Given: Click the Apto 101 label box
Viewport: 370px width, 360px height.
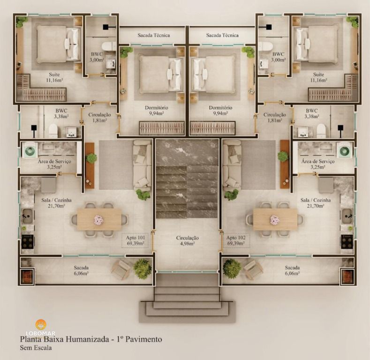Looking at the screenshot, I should pos(135,240).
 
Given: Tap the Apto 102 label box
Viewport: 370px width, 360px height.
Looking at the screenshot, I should pos(238,240).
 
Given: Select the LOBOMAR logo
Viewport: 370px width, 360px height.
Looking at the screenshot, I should pos(41,326).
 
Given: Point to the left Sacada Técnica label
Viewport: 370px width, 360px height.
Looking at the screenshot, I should pos(154,35).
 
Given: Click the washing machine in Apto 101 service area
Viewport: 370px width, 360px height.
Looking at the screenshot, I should pos(30,151).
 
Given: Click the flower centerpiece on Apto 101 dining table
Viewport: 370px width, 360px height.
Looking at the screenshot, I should pos(99,219).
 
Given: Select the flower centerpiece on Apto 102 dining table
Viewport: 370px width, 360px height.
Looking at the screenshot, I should pos(275,219).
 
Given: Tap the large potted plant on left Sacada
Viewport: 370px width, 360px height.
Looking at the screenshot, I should pos(142,269).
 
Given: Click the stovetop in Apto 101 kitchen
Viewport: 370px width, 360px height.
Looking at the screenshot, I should pos(28,241).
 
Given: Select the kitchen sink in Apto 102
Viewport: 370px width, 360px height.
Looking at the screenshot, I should pos(347,216).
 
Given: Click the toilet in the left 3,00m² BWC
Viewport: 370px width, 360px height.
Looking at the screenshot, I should pos(109,46).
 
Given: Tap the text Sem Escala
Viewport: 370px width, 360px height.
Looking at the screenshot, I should pos(36,348).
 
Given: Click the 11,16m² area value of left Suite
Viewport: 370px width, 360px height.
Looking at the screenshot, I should pos(54,80).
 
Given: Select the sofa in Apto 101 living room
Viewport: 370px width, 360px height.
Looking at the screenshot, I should pos(142,164).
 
